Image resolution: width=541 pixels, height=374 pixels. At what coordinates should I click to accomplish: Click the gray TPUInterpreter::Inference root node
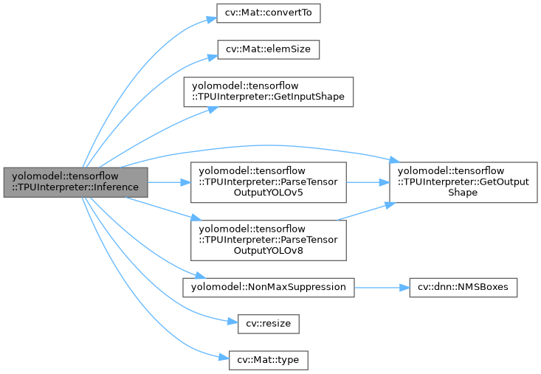click(75, 181)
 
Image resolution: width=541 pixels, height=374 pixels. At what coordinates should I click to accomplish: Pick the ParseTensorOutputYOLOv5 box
click(268, 181)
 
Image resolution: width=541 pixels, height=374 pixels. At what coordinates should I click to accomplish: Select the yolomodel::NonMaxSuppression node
click(268, 286)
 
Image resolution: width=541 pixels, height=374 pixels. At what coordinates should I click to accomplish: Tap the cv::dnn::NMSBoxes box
click(463, 286)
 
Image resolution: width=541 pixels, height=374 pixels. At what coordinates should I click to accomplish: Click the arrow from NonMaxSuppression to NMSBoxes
click(381, 286)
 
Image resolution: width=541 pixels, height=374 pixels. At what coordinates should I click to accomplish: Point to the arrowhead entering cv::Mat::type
click(222, 359)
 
